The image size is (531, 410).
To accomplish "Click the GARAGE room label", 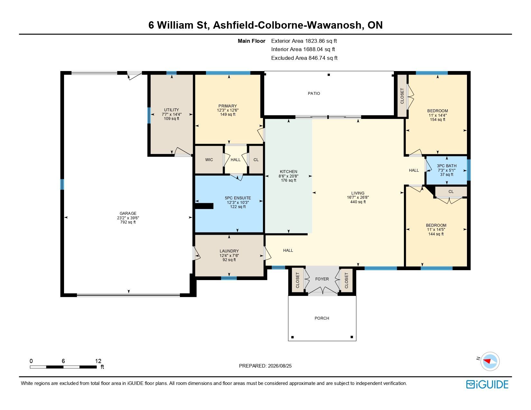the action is (x=128, y=213).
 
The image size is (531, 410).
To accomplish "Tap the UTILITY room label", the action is (x=172, y=110).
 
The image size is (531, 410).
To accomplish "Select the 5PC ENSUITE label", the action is (x=238, y=198).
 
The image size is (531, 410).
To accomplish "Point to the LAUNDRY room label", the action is (x=229, y=251).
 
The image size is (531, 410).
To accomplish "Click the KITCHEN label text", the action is (x=289, y=172).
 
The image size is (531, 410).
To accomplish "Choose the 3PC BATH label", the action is (x=447, y=166).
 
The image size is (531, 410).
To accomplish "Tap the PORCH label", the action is (x=322, y=318).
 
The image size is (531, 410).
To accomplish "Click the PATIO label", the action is (x=314, y=93).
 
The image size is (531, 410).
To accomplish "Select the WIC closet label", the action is (x=209, y=160).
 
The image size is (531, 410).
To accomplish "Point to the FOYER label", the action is (x=322, y=279).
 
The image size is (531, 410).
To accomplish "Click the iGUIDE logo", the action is (x=487, y=384).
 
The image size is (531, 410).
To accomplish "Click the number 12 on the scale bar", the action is (x=98, y=361).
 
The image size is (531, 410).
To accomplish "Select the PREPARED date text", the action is (x=265, y=366).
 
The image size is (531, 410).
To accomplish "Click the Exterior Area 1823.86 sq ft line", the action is (x=304, y=41).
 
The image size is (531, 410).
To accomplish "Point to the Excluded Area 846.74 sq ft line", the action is (x=304, y=58).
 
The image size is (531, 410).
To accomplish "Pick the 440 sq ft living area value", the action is (x=358, y=202).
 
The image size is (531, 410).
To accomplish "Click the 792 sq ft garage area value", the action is (x=128, y=222).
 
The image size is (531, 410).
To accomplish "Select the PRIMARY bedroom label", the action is (x=228, y=106).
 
